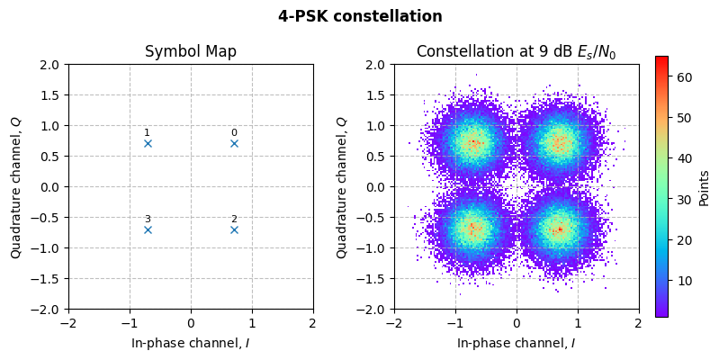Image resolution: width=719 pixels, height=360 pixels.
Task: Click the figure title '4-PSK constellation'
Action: (x=360, y=16)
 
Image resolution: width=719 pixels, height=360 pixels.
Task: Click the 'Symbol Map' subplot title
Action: (x=191, y=51)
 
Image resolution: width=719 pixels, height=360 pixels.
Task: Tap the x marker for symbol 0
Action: (x=234, y=143)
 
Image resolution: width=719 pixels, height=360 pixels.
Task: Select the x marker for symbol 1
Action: (x=148, y=143)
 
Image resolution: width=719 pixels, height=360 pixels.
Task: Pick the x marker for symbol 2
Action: (x=234, y=229)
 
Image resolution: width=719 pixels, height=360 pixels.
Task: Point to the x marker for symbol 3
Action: (x=148, y=229)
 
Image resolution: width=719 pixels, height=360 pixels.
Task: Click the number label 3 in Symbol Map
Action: (x=148, y=219)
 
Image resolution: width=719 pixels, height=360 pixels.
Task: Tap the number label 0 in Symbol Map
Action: (x=234, y=132)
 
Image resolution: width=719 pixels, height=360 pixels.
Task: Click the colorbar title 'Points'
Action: (x=704, y=186)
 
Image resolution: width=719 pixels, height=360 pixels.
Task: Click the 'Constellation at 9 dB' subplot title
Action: (x=516, y=51)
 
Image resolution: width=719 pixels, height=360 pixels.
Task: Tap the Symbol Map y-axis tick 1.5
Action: (x=49, y=95)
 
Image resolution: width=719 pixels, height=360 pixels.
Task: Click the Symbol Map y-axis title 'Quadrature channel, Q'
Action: (x=16, y=186)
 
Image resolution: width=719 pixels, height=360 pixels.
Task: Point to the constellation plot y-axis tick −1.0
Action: (x=372, y=247)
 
